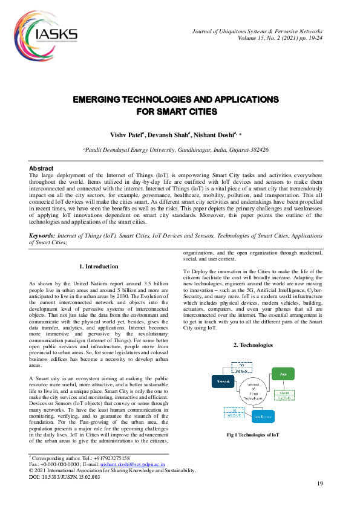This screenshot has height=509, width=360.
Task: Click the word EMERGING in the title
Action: pyautogui.click(x=99, y=99)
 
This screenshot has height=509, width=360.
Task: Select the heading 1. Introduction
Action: pyautogui.click(x=99, y=266)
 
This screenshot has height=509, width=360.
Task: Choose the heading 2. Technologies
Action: pyautogui.click(x=253, y=345)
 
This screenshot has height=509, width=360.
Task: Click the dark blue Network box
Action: pyautogui.click(x=222, y=381)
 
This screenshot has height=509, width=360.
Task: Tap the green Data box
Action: pyautogui.click(x=282, y=375)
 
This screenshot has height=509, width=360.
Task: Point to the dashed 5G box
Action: pyautogui.click(x=241, y=366)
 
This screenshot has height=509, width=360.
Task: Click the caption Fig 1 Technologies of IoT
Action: pyautogui.click(x=253, y=435)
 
